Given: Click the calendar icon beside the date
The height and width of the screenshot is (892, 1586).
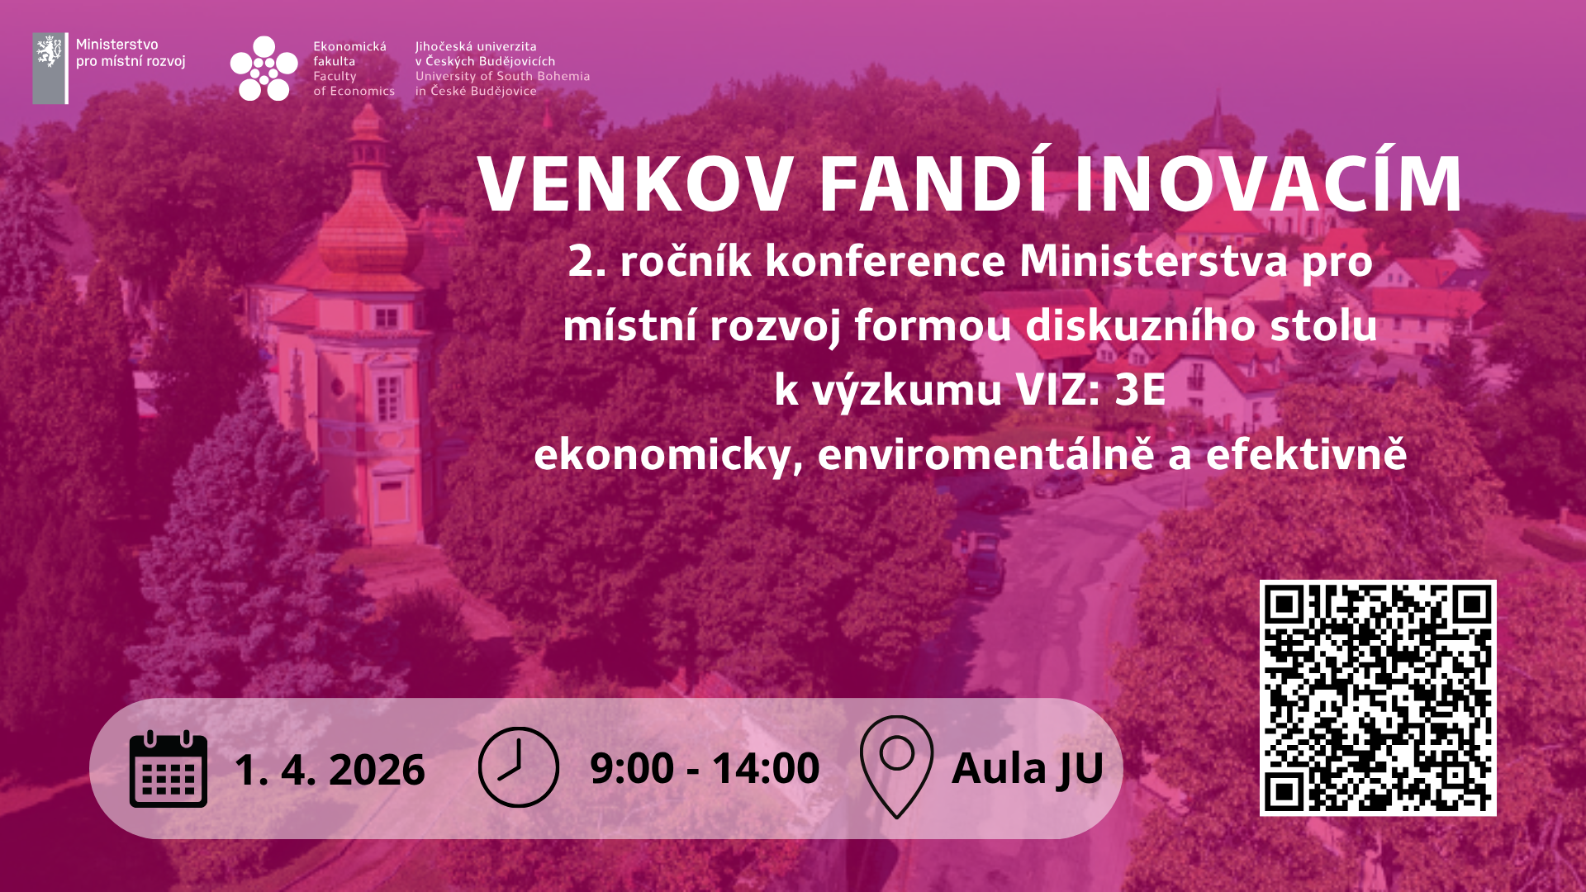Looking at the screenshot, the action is point(169,769).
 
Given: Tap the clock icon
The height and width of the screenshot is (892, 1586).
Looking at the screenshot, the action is point(519,767).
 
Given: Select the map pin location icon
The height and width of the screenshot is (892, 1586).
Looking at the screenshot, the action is point(896,766).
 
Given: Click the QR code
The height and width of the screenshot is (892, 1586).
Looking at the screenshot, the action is point(1378,698).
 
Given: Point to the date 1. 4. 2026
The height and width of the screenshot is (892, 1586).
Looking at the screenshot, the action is point(330,770).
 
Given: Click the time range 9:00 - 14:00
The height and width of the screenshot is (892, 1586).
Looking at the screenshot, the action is point(705,768).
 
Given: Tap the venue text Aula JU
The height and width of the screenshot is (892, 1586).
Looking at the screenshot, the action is point(1028,768).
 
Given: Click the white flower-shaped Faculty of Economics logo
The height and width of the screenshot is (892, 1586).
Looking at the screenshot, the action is point(264,68).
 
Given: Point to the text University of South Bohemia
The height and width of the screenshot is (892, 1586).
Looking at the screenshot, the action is point(502,76).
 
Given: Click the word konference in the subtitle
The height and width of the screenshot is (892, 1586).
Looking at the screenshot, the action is point(886,262).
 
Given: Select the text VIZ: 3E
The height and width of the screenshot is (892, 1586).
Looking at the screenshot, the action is point(1090,390).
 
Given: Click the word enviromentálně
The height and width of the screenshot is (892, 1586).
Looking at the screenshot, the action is point(985,454).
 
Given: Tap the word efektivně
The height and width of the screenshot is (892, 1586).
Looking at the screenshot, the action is point(1306,454).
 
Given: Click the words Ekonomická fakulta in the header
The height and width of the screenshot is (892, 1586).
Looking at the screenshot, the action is point(349,54).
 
